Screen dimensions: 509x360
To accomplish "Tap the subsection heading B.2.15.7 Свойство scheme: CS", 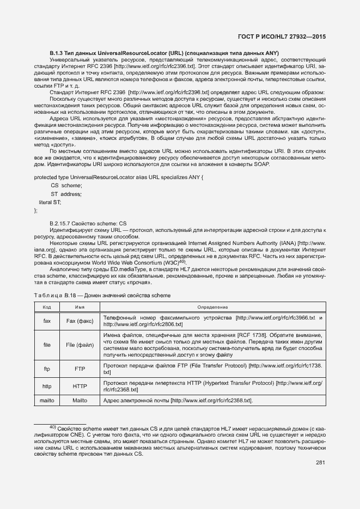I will click(88, 223).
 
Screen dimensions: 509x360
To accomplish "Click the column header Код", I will click(47, 308).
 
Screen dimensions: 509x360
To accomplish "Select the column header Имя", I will click(80, 308).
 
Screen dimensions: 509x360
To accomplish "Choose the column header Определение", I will click(212, 308).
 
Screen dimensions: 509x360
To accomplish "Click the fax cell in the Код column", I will click(47, 321).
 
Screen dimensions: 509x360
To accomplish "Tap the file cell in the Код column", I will click(47, 345).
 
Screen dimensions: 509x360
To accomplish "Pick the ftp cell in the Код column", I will click(47, 369).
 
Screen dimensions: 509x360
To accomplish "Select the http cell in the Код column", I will click(47, 387).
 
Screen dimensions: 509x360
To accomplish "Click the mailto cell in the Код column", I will click(47, 401).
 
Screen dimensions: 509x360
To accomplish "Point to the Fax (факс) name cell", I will click(80, 321).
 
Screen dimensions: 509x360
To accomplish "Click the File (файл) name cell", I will click(80, 345).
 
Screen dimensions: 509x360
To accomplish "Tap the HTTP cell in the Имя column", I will click(80, 387).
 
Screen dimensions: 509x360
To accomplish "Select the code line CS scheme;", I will click(66, 186).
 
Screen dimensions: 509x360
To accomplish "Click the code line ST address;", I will click(66, 194).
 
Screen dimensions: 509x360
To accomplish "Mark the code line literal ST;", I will click(50, 202).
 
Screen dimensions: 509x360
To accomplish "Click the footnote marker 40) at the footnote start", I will click(53, 427).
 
